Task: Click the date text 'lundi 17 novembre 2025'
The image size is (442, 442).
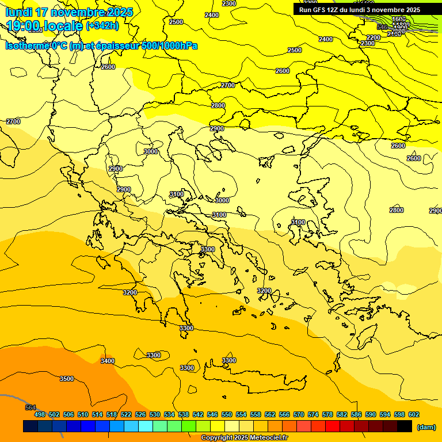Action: click(69, 12)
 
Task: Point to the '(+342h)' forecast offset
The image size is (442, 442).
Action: click(102, 26)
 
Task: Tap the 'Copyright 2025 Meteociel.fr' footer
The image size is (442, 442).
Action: click(244, 438)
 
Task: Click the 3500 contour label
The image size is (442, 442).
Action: click(67, 379)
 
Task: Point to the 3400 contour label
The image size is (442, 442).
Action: click(108, 361)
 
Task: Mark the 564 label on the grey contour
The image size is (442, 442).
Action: click(31, 407)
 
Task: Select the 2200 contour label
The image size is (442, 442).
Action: click(374, 37)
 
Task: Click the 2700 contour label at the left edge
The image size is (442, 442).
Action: click(13, 121)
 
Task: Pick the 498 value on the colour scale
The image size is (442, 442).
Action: click(40, 414)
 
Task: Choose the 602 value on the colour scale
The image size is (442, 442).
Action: click(414, 414)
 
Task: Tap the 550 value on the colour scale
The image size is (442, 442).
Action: click(227, 414)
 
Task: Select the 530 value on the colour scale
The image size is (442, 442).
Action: click(155, 414)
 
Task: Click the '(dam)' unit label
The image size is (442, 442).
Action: click(426, 426)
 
